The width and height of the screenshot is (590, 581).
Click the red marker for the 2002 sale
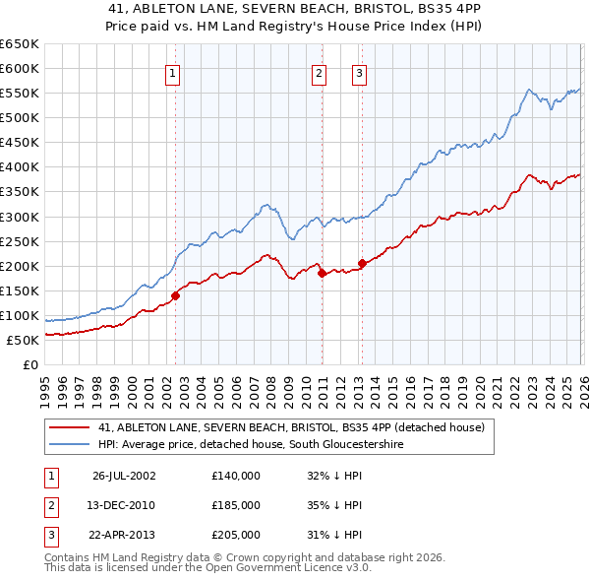click(x=176, y=294)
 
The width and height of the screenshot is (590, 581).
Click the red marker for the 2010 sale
click(x=322, y=273)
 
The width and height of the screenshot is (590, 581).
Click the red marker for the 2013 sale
click(x=362, y=263)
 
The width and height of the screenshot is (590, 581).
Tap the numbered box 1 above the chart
click(x=173, y=73)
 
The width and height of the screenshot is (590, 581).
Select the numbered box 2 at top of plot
click(x=320, y=73)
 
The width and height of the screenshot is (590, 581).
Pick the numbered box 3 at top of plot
click(x=359, y=73)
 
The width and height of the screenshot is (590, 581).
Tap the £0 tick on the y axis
click(x=31, y=365)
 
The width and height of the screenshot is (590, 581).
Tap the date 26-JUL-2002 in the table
click(x=124, y=475)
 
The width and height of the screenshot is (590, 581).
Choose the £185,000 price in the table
click(x=236, y=505)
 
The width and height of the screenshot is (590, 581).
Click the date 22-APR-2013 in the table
click(x=124, y=536)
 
